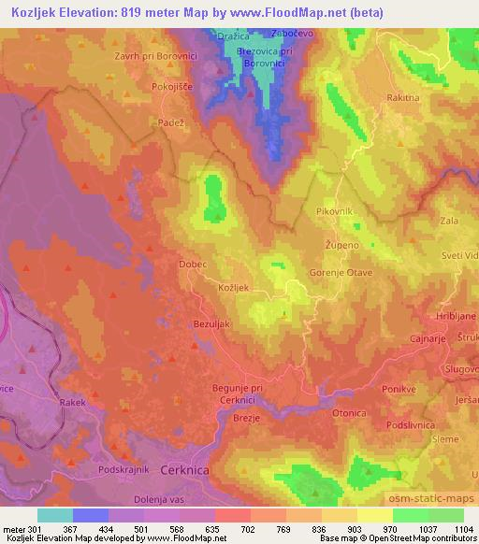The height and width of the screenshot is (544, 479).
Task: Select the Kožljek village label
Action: [x=232, y=290]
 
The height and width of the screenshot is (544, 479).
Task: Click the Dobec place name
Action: [x=194, y=265]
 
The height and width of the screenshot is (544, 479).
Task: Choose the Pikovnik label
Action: [x=334, y=212]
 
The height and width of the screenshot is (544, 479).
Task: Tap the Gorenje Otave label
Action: [x=341, y=273]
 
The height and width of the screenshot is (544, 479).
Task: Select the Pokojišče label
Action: [x=171, y=85]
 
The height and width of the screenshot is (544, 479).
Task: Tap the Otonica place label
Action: [x=348, y=412]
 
